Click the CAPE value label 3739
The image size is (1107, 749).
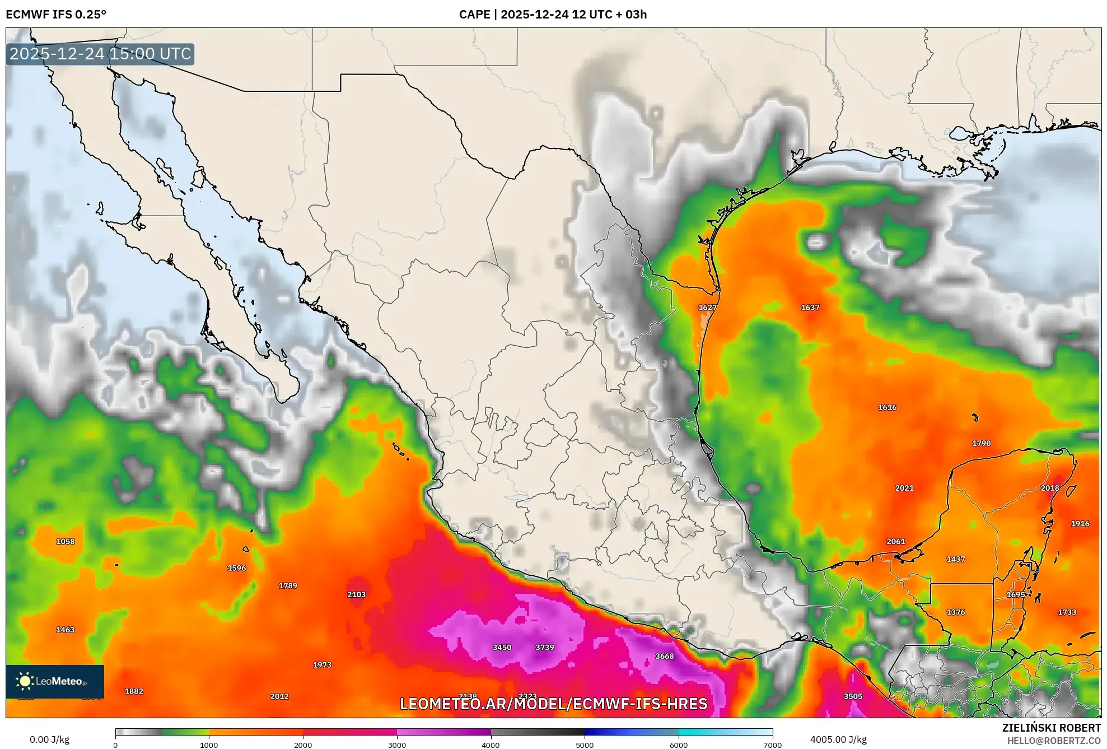click(x=544, y=647)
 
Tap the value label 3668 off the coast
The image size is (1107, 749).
click(x=664, y=656)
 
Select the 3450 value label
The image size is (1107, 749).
click(x=502, y=647)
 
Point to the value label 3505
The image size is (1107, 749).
click(x=852, y=696)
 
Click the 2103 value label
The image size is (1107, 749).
click(x=356, y=594)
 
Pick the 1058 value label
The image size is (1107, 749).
click(x=65, y=541)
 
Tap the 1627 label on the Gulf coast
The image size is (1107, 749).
click(x=707, y=308)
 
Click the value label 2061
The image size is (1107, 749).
click(x=895, y=541)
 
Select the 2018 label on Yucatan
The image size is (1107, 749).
click(x=1049, y=488)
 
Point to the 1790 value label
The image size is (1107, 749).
click(x=981, y=443)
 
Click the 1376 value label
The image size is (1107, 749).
click(x=955, y=612)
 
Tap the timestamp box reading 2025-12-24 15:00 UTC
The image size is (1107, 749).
click(x=100, y=54)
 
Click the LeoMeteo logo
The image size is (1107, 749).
click(x=55, y=681)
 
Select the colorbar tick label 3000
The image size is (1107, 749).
click(x=397, y=745)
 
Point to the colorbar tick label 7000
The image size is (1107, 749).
click(x=772, y=745)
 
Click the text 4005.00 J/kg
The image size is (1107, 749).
click(x=838, y=739)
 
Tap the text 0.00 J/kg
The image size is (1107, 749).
click(x=49, y=739)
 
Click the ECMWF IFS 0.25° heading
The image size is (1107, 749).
click(x=56, y=15)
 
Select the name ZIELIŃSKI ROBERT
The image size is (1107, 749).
click(x=1051, y=728)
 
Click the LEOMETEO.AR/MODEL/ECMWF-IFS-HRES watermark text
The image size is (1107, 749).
click(x=553, y=704)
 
